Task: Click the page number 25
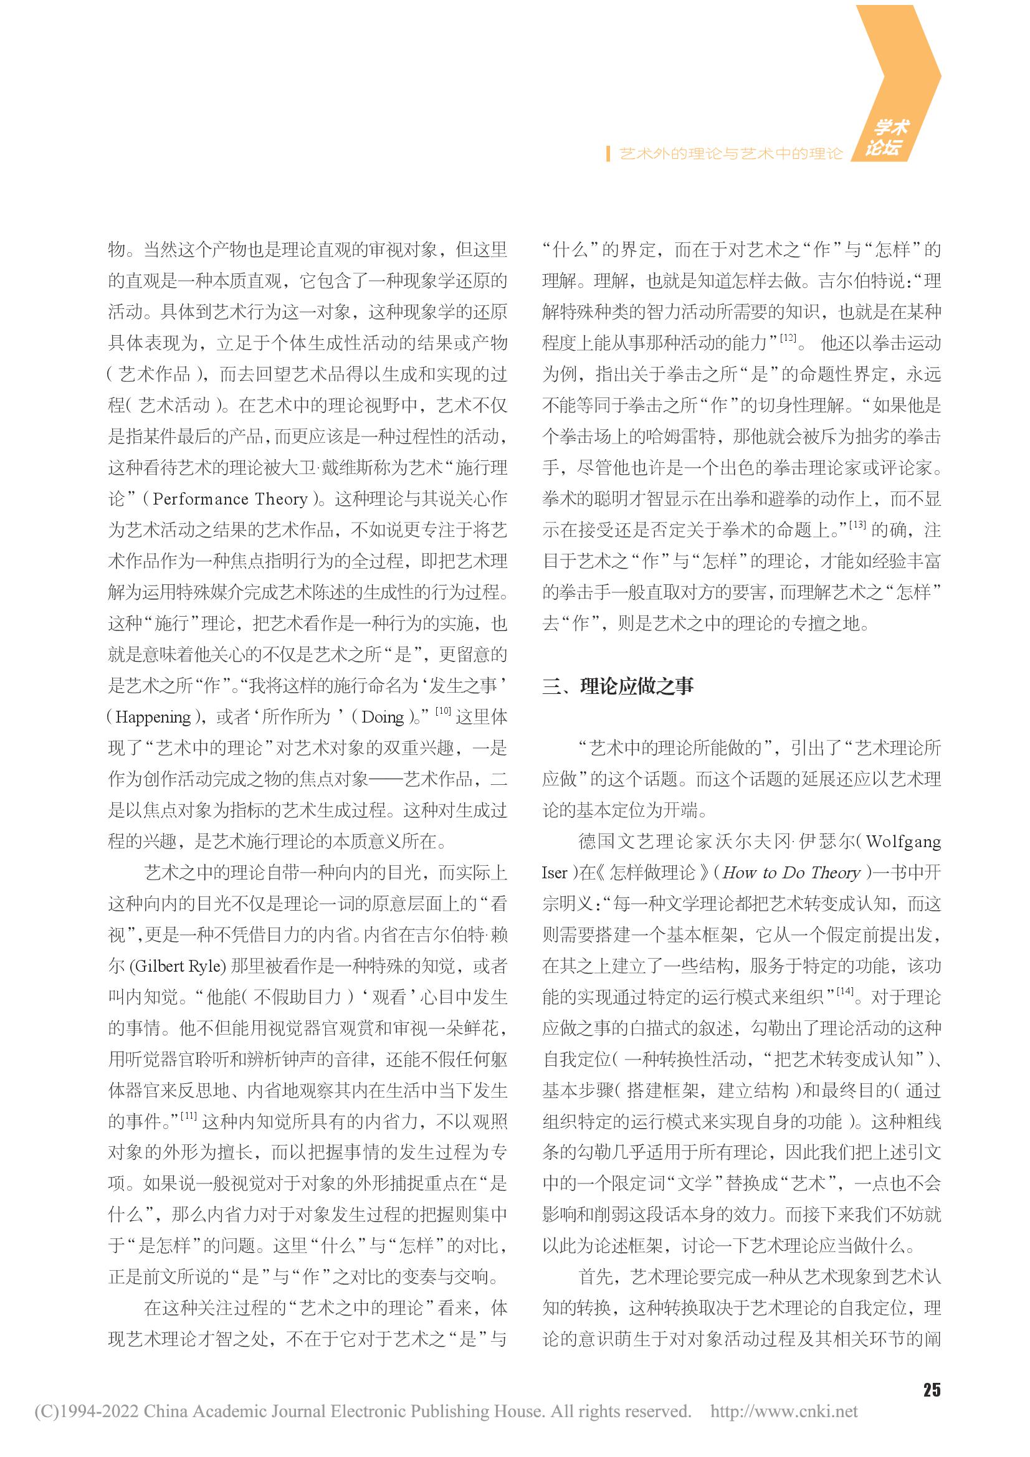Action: [x=931, y=1390]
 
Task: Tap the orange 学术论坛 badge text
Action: [x=888, y=137]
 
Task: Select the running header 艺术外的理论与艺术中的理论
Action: [x=730, y=154]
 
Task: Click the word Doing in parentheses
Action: [x=382, y=717]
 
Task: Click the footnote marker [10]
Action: [x=442, y=711]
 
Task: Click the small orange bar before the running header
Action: [x=609, y=154]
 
